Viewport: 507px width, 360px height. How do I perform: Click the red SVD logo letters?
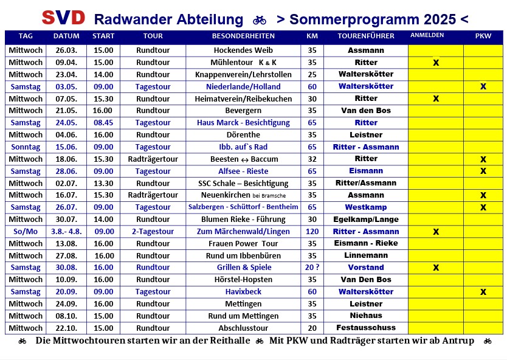[63, 18]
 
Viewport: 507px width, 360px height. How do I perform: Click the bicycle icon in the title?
[260, 19]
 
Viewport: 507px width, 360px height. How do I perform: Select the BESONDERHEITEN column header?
[243, 36]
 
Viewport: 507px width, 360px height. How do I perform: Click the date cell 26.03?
[66, 50]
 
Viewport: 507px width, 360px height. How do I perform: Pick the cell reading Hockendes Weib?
[243, 50]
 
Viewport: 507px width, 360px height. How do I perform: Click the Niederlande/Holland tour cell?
[243, 86]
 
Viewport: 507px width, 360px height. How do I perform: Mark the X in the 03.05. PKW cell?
[483, 86]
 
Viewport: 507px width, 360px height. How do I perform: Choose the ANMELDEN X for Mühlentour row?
[436, 63]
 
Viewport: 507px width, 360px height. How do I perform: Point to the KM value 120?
[312, 232]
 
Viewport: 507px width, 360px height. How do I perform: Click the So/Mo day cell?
[26, 232]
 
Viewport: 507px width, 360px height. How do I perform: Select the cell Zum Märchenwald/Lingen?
[243, 232]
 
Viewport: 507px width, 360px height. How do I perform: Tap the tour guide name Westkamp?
[366, 207]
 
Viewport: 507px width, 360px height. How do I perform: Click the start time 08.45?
[103, 123]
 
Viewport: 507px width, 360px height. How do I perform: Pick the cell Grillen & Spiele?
[243, 268]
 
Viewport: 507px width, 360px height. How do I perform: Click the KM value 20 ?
[312, 268]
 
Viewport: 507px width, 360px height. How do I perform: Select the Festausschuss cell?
[366, 328]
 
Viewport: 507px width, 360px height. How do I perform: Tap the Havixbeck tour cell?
[243, 292]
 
